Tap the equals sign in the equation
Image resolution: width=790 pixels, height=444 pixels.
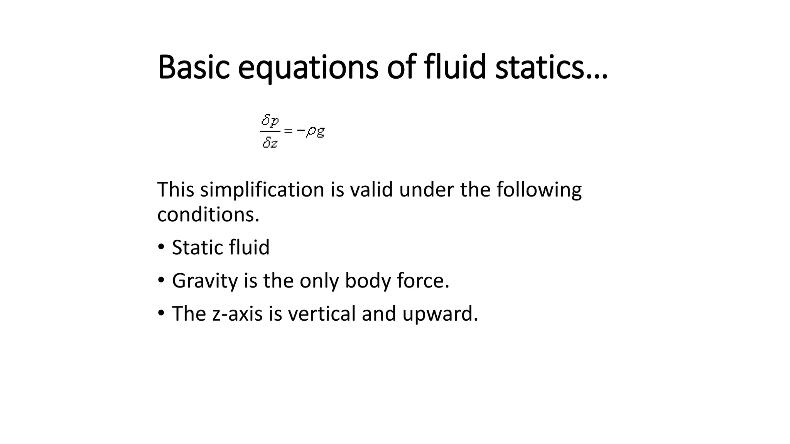(288, 131)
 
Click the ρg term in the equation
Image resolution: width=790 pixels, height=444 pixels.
(315, 132)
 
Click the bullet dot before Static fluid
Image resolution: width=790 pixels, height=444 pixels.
(161, 246)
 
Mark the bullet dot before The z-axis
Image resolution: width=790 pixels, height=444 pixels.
(161, 313)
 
